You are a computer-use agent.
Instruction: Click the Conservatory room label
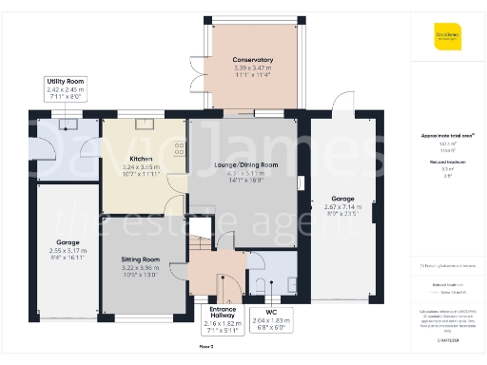click(x=252, y=65)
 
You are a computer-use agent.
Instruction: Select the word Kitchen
click(x=142, y=159)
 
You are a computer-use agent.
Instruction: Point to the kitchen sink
click(x=146, y=124)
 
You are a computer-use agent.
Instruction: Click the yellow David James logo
click(x=447, y=40)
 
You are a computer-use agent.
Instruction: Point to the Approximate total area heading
click(x=446, y=136)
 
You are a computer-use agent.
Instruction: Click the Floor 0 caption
click(x=205, y=348)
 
